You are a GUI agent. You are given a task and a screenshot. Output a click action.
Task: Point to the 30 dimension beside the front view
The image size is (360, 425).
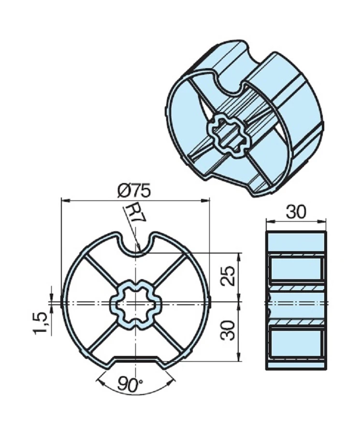[229, 331]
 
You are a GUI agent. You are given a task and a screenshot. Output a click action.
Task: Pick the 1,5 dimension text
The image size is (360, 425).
[42, 323]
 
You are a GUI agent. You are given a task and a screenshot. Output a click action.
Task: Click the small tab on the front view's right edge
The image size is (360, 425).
[211, 302]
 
